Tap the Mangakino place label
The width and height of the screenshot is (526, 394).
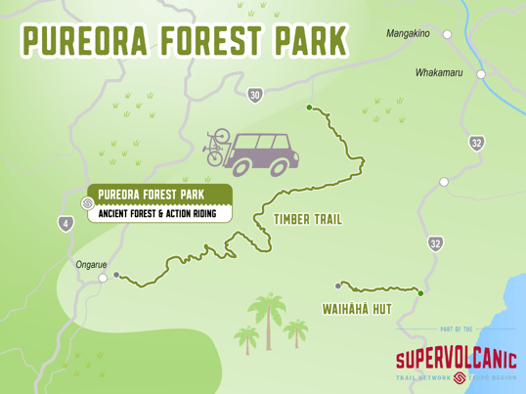click(408, 33)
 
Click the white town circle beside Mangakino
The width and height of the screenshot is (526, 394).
click(448, 34)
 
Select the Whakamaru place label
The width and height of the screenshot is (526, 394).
click(438, 72)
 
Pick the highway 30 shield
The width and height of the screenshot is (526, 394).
click(255, 95)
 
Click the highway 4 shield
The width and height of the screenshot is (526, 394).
click(66, 224)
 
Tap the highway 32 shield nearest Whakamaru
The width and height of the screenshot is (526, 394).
click(476, 143)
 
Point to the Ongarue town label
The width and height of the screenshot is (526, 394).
click(92, 264)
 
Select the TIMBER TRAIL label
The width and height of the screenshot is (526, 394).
click(308, 220)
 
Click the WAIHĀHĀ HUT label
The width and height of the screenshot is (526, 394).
click(357, 309)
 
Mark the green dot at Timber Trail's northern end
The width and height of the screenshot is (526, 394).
click(309, 108)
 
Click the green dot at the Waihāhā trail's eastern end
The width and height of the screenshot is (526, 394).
click(420, 292)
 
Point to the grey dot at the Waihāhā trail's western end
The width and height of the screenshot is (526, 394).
click(338, 285)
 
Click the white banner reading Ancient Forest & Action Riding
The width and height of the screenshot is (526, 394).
click(159, 213)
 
